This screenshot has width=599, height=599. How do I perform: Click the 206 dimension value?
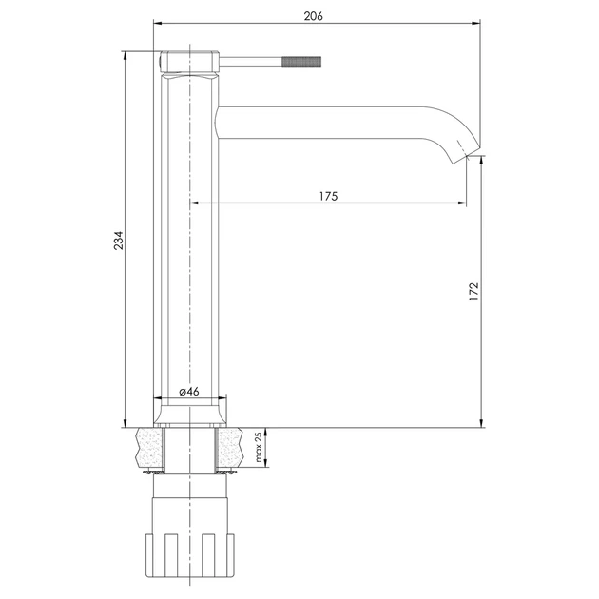[x=313, y=16]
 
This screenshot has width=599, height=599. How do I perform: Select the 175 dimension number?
[x=329, y=196]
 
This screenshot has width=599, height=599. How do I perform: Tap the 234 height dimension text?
[x=119, y=241]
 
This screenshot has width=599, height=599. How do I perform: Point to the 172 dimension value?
[x=473, y=291]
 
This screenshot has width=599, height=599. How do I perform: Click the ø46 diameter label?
[x=189, y=392]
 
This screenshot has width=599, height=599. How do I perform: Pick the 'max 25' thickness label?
[x=259, y=447]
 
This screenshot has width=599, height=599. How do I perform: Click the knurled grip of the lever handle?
[x=301, y=62]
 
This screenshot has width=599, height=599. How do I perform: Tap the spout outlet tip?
[x=467, y=156]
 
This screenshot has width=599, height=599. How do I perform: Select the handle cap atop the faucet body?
[x=189, y=62]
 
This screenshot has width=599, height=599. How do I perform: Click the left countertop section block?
[x=150, y=448]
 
